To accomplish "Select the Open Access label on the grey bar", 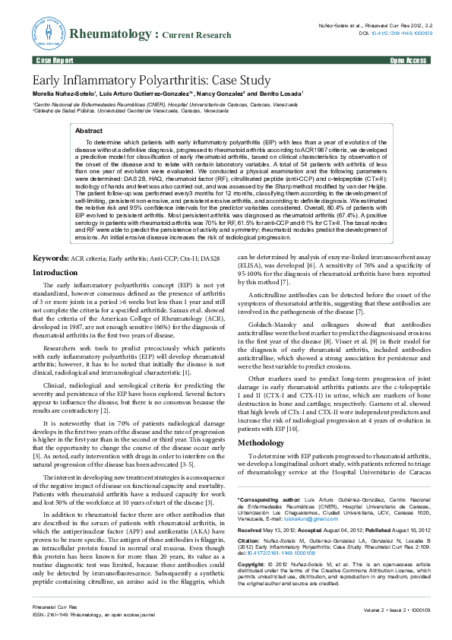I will point(408,59).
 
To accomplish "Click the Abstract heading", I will point(90,131).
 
